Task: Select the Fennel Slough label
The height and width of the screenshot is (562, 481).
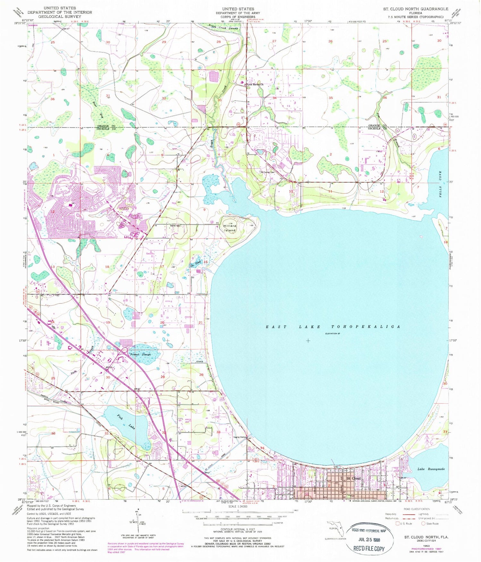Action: pos(140,354)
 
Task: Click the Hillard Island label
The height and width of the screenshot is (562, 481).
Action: pos(230,228)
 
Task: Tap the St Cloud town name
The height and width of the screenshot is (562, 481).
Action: pos(353,478)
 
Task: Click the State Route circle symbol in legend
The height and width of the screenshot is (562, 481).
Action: pos(424,523)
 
